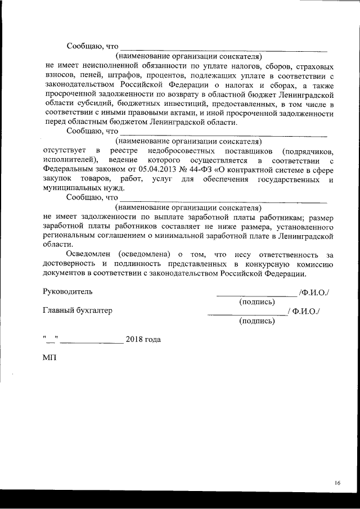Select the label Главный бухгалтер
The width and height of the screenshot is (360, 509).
78,311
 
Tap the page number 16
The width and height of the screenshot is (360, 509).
337,483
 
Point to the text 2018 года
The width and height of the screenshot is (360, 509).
143,339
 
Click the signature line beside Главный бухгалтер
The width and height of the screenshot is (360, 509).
247,314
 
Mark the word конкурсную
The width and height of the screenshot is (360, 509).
277,264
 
